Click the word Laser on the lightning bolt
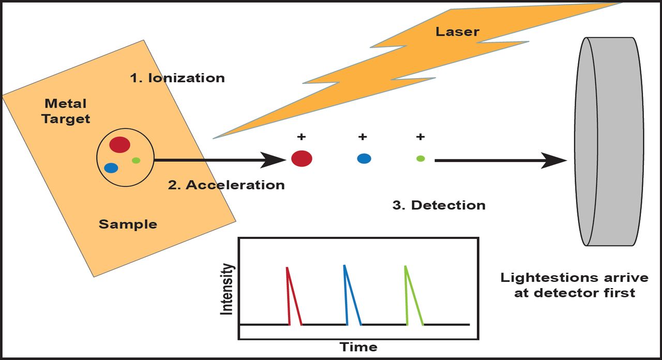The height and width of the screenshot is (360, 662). pos(457,32)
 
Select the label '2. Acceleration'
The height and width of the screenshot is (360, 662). pos(227,185)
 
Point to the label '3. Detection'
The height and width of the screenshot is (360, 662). pos(439,205)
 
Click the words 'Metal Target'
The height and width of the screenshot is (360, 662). pos(66,111)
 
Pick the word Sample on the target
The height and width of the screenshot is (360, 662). pos(128,224)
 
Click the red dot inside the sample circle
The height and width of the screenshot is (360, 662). pos(119,144)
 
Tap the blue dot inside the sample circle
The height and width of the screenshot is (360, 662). pos(111,168)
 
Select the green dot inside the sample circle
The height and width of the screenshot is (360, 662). pos(136,160)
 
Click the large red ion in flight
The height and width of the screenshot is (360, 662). pos(302,158)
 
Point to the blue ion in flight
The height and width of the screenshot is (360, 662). pos(364,159)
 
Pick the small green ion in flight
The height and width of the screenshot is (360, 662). pos(420,158)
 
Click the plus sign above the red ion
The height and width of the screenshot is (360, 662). pos(301,137)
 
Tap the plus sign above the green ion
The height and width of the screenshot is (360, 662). pos(420,137)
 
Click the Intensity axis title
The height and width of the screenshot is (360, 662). pos(227,289)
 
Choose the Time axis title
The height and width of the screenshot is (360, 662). pos(358,347)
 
